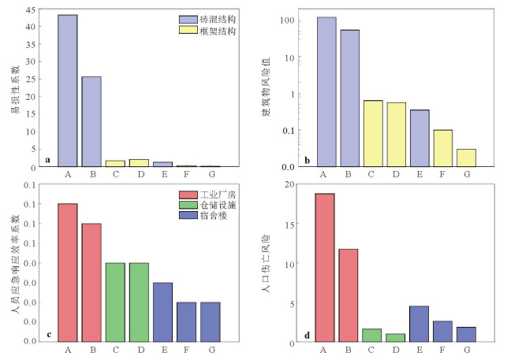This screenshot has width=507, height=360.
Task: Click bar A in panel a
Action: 67,91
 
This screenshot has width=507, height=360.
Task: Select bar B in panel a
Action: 91,121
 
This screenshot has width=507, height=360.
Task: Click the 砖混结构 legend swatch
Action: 190,19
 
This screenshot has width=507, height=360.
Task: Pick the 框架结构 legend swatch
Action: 190,32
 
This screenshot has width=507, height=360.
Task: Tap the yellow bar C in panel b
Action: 372,133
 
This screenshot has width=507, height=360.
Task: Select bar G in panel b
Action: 466,158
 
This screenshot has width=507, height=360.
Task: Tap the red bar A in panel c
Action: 67,272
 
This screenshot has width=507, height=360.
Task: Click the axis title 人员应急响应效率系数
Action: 14,264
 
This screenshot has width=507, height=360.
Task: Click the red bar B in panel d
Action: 349,295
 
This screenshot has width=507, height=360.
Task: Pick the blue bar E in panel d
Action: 419,324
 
